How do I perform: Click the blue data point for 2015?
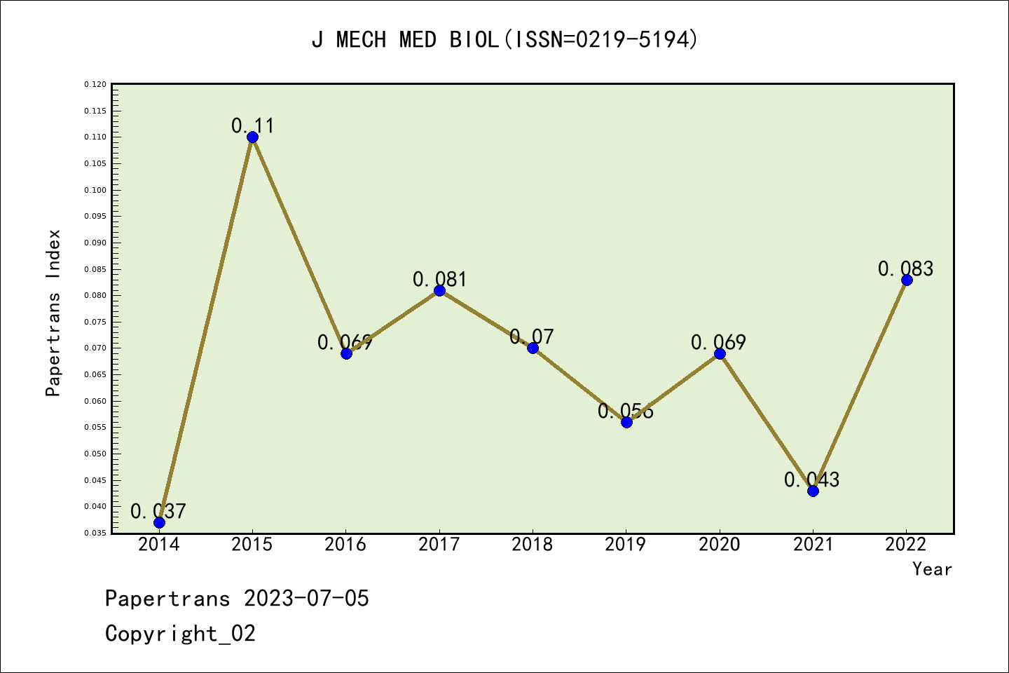click(x=252, y=137)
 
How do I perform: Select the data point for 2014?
click(x=159, y=522)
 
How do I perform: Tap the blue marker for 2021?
click(x=813, y=491)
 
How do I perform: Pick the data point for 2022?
click(x=907, y=280)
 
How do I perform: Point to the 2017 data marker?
click(x=439, y=290)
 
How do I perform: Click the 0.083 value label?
click(x=905, y=269)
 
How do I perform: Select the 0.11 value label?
click(x=253, y=126)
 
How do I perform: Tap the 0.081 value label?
click(x=439, y=280)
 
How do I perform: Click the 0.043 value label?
click(x=811, y=480)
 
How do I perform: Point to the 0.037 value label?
click(x=158, y=512)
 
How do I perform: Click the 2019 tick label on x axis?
click(x=626, y=545)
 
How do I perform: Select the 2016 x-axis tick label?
click(x=345, y=545)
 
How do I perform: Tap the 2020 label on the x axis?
click(x=719, y=545)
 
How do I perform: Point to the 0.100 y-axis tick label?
click(x=95, y=190)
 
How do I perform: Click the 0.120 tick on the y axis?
click(x=95, y=85)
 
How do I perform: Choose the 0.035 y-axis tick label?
click(x=95, y=533)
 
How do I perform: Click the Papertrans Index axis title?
click(x=53, y=313)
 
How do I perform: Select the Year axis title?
click(x=932, y=569)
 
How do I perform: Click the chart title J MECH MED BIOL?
click(x=504, y=40)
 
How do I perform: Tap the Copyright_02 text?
click(x=180, y=634)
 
